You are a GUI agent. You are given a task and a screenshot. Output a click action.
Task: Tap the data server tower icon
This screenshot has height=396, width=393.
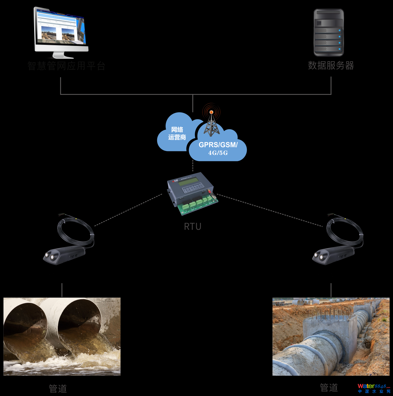tap(329, 32)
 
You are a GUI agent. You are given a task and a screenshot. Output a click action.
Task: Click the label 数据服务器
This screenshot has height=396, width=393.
tap(331, 66)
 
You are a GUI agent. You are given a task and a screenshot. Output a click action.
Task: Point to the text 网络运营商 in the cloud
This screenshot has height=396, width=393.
tap(177, 133)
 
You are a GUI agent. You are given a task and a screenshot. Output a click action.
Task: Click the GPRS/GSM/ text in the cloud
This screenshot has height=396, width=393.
tap(218, 145)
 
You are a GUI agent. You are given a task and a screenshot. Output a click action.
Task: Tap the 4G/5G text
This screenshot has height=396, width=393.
tap(218, 153)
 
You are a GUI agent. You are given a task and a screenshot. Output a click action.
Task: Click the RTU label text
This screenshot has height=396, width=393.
tap(193, 226)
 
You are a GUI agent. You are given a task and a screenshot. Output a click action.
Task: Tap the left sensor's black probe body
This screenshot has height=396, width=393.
tap(65, 255)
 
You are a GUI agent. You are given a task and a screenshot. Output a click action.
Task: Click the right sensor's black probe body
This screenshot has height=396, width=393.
tap(334, 255)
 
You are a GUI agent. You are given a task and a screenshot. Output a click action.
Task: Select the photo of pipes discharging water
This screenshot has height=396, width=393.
tap(62, 336)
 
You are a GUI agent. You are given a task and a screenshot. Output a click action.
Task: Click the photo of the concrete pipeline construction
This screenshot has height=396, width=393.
tap(331, 336)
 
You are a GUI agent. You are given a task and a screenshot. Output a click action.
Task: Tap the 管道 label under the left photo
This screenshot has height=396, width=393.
tap(58, 389)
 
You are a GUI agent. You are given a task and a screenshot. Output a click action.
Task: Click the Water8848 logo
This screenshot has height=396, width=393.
tap(374, 388)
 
